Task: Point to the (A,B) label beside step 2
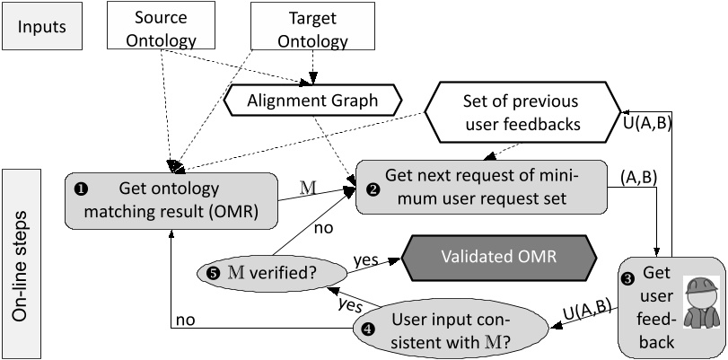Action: [638, 178]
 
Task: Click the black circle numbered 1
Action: [81, 189]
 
